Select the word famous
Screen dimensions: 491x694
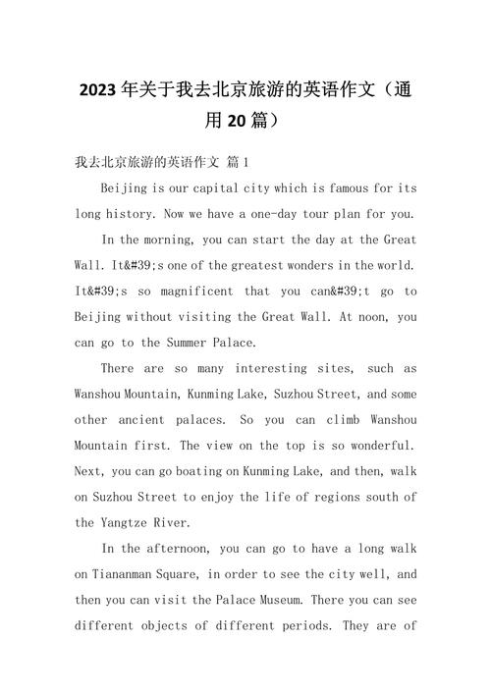[x=346, y=187]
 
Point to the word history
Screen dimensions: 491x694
[x=138, y=213]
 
